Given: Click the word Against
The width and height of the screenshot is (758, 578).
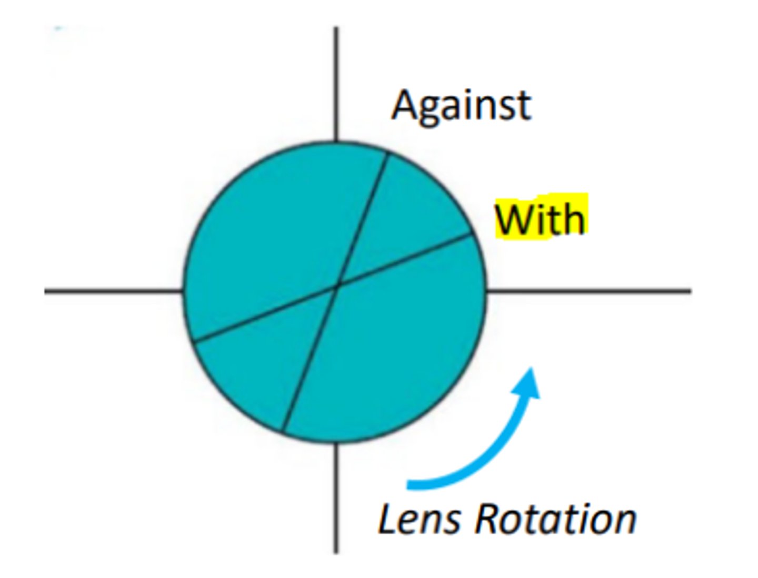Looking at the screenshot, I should pyautogui.click(x=461, y=106).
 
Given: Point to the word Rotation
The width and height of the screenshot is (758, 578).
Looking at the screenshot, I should pyautogui.click(x=556, y=519).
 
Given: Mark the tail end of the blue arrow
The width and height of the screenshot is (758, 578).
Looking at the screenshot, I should pyautogui.click(x=411, y=484).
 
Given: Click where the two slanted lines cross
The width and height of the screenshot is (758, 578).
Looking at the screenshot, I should pyautogui.click(x=337, y=286).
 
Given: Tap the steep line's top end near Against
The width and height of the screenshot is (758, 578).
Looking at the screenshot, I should pyautogui.click(x=387, y=153).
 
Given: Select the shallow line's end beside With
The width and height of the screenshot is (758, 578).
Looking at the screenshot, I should pyautogui.click(x=471, y=235).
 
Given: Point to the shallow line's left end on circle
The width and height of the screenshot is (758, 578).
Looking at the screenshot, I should pyautogui.click(x=193, y=342).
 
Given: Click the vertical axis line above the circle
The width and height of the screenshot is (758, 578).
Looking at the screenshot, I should pyautogui.click(x=336, y=84).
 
